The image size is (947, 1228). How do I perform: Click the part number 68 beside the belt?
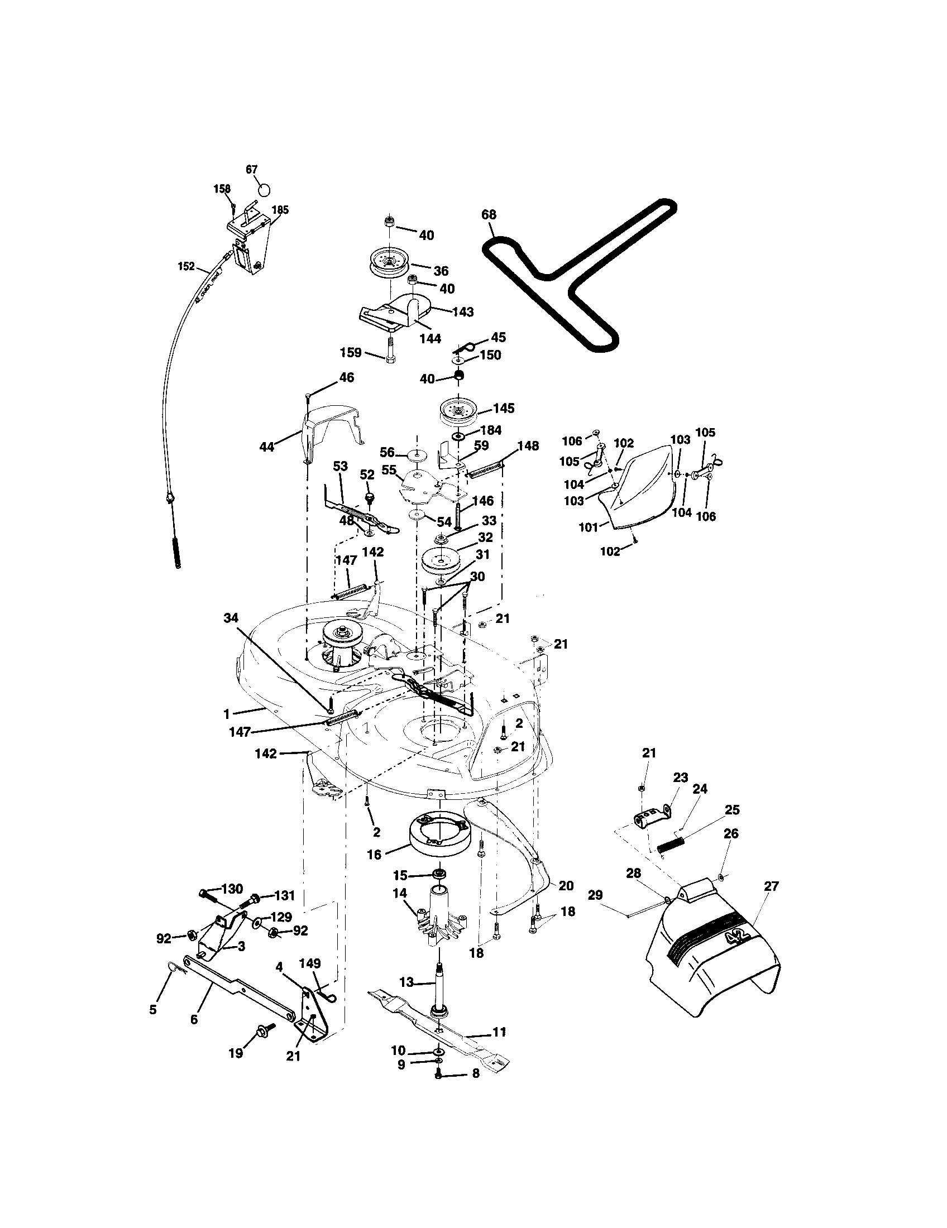(x=489, y=215)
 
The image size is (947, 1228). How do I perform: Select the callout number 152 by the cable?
(x=186, y=266)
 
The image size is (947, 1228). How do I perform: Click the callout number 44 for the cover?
(x=266, y=447)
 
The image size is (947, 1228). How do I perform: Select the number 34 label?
(x=231, y=618)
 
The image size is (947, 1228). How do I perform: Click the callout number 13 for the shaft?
(x=406, y=982)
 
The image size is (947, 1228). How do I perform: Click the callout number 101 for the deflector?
(x=589, y=527)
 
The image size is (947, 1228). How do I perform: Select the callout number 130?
(x=232, y=889)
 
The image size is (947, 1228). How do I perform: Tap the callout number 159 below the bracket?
(x=351, y=353)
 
